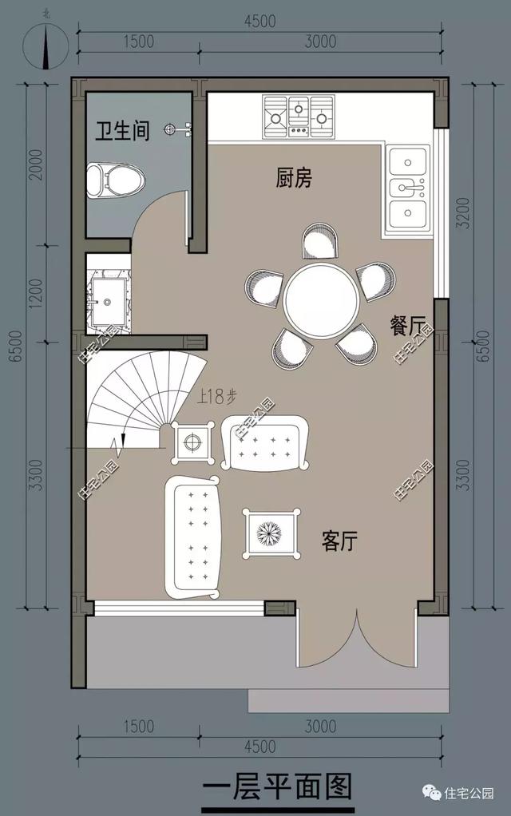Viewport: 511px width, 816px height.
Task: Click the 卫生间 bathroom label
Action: [x=123, y=131]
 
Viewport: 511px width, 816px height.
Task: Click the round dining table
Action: [x=322, y=302]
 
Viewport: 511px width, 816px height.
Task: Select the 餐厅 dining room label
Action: [x=407, y=326]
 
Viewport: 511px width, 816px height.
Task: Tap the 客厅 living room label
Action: [x=339, y=542]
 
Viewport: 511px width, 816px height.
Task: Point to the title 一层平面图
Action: [x=277, y=787]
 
